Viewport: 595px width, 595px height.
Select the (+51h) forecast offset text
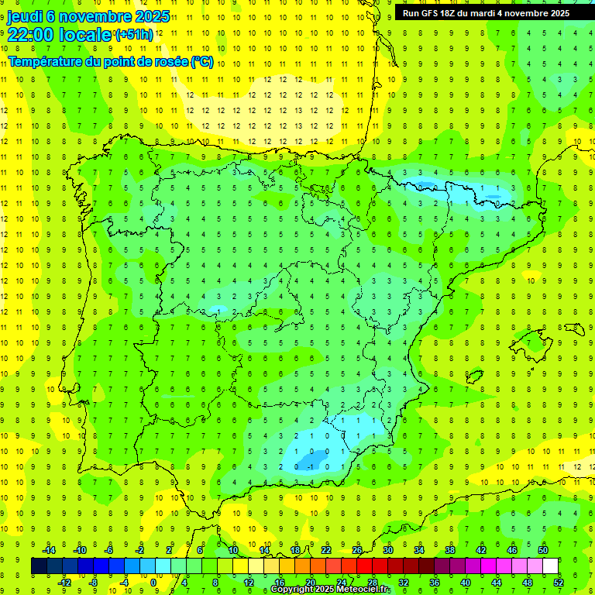click(x=134, y=35)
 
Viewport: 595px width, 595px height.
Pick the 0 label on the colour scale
click(x=153, y=583)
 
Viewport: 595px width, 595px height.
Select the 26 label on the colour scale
click(x=357, y=550)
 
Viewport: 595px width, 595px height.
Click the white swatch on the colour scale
click(x=551, y=566)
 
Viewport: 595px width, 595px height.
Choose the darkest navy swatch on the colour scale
click(x=39, y=566)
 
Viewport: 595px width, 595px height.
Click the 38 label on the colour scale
click(x=450, y=550)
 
